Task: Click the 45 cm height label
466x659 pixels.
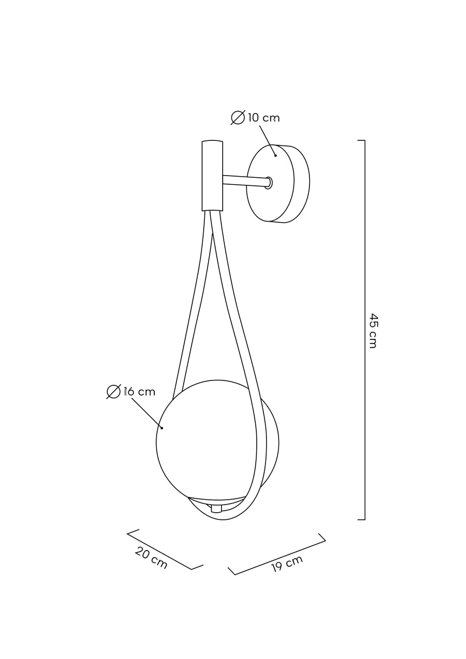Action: [373, 331]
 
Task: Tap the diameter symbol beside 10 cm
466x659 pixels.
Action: [238, 118]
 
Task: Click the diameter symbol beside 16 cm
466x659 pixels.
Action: [113, 392]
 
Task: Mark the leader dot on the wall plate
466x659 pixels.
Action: [275, 156]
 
